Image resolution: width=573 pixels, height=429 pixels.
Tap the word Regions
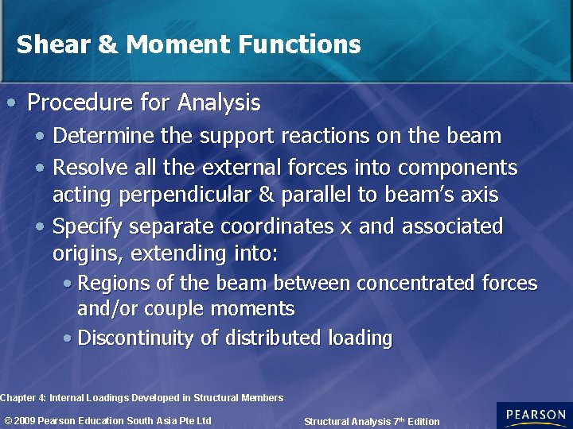(112, 284)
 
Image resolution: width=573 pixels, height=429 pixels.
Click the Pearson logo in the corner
(534, 415)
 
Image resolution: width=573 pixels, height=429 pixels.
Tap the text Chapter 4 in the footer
(21, 397)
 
